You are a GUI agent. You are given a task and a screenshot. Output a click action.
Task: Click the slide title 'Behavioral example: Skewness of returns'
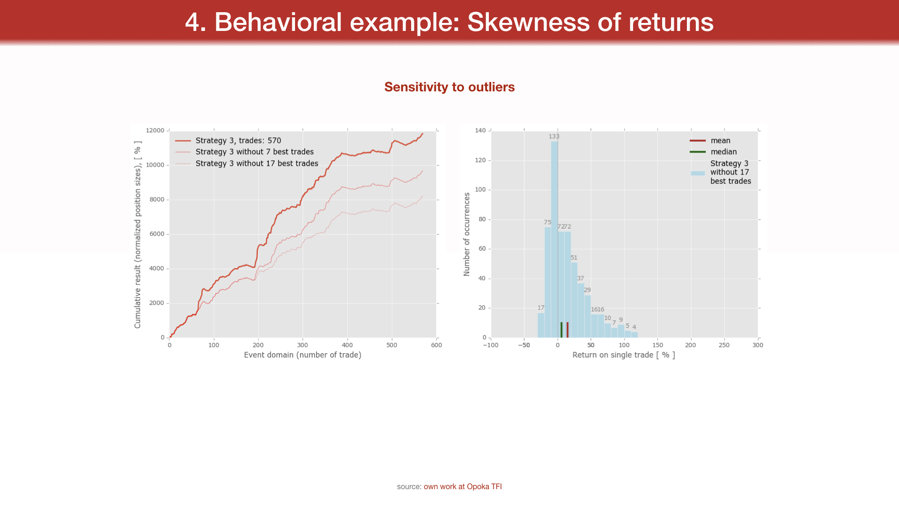449,22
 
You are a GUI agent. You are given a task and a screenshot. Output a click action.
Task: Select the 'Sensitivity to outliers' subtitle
449,87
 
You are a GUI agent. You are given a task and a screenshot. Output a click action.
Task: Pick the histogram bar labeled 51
574,300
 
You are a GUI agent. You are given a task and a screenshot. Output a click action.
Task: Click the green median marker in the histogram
561,330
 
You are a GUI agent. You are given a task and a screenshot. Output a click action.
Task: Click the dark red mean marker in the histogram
567,330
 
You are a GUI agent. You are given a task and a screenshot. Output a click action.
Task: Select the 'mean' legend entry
720,141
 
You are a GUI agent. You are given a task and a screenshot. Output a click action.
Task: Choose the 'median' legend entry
723,152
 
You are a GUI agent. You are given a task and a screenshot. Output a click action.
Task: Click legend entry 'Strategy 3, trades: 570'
238,141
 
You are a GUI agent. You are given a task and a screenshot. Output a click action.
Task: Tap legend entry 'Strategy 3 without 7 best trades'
254,152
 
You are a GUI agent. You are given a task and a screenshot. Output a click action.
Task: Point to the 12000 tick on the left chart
155,130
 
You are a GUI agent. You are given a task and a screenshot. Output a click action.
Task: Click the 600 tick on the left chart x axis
436,345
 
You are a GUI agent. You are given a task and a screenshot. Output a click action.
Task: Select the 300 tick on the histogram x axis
758,345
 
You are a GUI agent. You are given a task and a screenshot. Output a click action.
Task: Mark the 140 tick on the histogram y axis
480,130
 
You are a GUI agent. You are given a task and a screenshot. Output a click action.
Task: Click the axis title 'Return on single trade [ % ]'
624,355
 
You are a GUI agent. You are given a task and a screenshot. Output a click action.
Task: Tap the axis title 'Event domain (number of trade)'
302,355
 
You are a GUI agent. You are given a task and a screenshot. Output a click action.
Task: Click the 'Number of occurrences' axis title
467,234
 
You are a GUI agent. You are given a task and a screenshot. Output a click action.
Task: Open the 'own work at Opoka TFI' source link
463,487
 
